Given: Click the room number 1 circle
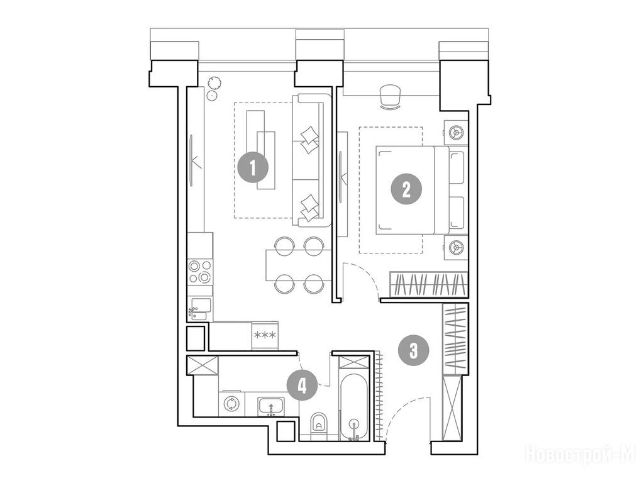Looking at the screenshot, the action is pyautogui.click(x=253, y=167).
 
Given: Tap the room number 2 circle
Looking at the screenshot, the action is pyautogui.click(x=406, y=189).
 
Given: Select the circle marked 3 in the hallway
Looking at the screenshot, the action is pyautogui.click(x=413, y=350).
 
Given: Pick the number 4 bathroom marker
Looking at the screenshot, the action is pyautogui.click(x=303, y=386).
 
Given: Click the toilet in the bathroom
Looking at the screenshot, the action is pyautogui.click(x=318, y=425).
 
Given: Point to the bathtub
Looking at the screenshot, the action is pyautogui.click(x=354, y=407).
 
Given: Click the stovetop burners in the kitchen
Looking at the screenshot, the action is pyautogui.click(x=200, y=272).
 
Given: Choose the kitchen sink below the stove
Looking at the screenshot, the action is pyautogui.click(x=200, y=309).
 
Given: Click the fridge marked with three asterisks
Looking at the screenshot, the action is pyautogui.click(x=265, y=336).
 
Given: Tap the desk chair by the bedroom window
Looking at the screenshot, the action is pyautogui.click(x=390, y=97).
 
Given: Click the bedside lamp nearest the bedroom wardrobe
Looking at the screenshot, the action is pyautogui.click(x=455, y=247).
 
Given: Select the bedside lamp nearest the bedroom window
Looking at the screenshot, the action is pyautogui.click(x=455, y=133).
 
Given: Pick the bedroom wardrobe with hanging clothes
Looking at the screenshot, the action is pyautogui.click(x=428, y=284).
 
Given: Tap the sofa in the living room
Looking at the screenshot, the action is pyautogui.click(x=311, y=160).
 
